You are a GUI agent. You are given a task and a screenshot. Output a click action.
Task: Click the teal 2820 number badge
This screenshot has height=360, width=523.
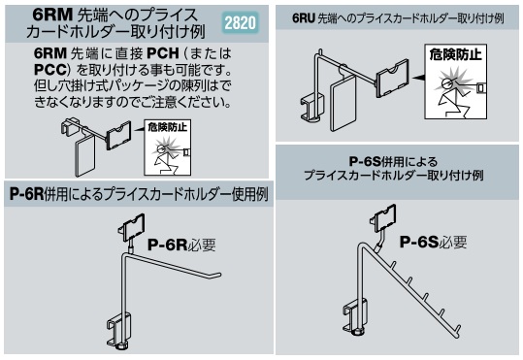point(240,22)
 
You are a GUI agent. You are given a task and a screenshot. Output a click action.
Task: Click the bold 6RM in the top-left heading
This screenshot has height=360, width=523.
point(52,15)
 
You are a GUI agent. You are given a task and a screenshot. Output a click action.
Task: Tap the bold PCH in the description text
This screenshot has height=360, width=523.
point(163,53)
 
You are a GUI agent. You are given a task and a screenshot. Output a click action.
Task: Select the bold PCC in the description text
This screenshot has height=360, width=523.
point(49,70)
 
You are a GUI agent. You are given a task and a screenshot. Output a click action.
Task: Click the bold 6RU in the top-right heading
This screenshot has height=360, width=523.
point(303,18)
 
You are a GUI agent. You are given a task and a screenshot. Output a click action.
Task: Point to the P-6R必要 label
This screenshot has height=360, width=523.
point(181,245)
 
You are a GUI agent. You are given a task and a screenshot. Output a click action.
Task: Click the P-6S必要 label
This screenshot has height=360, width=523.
point(433,242)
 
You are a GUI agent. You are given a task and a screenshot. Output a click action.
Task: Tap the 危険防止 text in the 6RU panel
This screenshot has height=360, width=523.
point(455,54)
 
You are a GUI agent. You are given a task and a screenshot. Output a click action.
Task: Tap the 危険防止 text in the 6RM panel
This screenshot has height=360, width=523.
point(168,127)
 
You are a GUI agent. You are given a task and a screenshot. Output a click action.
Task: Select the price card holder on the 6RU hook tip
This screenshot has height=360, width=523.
point(392,78)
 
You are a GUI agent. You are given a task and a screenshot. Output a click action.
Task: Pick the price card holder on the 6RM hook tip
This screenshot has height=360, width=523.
point(118,135)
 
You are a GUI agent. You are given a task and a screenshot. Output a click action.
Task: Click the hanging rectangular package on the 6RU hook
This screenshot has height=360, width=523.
point(343,102)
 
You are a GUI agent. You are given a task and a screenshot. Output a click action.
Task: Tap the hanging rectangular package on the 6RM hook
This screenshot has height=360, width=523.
point(85,155)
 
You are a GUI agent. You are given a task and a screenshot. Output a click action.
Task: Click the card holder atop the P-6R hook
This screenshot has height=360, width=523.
point(132,227)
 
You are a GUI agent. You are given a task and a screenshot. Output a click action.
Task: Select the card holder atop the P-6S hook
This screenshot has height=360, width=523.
point(383,218)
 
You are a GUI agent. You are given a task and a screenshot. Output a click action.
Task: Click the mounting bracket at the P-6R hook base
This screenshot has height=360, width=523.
point(119,330)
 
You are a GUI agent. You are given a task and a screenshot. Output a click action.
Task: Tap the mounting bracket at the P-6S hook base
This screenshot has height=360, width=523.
point(355,315)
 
